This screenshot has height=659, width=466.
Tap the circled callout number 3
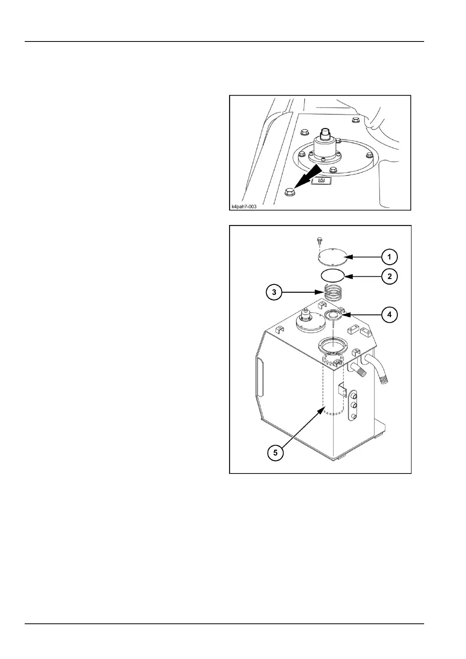(274, 292)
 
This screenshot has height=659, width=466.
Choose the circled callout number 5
(276, 452)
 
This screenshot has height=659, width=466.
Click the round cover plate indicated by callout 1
(331, 257)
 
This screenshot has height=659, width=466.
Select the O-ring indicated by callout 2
(332, 275)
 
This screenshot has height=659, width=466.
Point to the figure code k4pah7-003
(244, 206)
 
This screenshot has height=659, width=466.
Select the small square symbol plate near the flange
(322, 180)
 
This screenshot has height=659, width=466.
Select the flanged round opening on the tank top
(332, 346)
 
